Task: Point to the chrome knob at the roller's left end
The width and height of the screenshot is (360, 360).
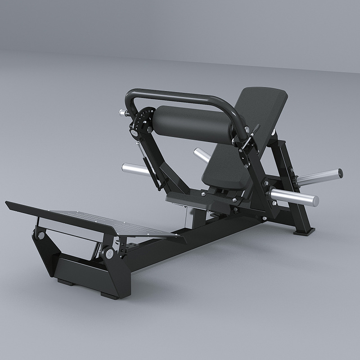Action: click(121, 112)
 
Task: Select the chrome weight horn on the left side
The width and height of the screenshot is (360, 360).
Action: click(135, 169)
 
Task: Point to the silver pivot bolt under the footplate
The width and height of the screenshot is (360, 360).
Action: click(109, 253)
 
